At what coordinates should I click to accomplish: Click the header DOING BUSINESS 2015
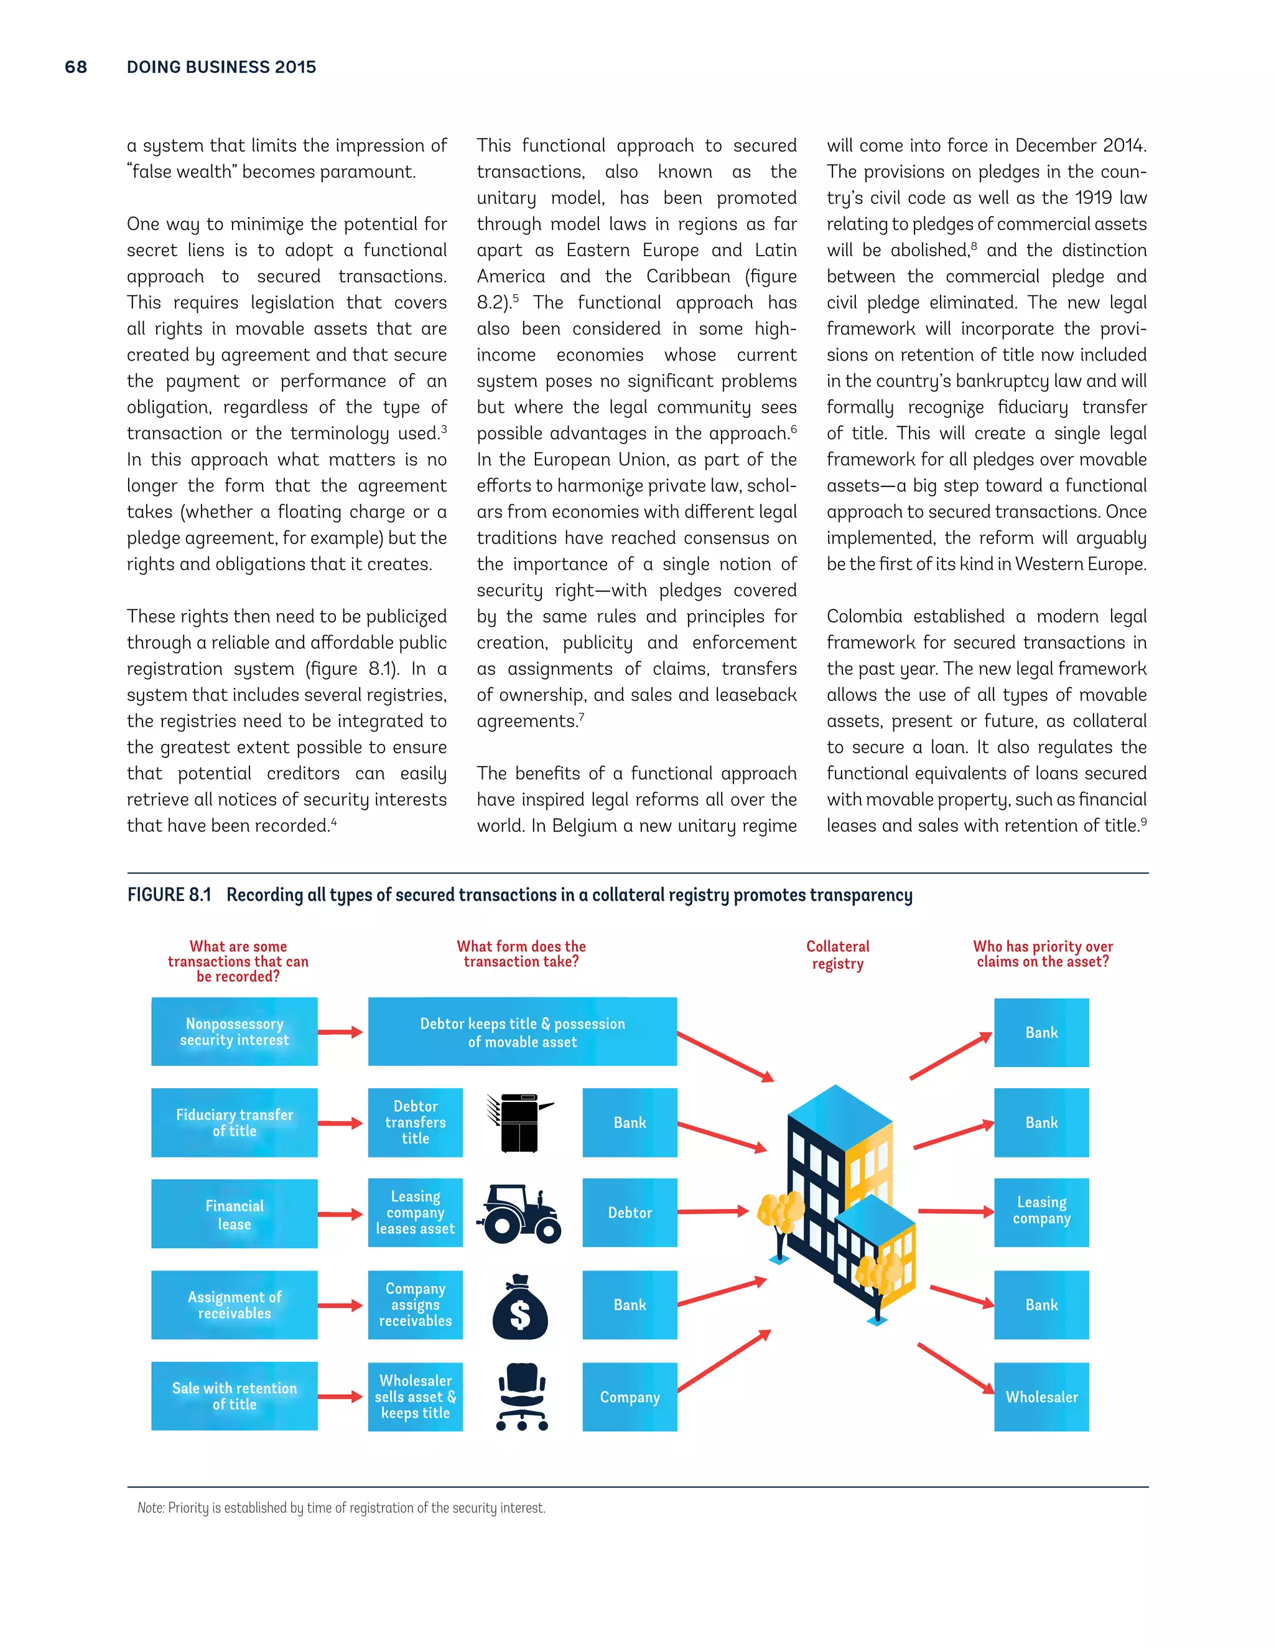[221, 67]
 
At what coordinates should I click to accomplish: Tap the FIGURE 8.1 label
[169, 895]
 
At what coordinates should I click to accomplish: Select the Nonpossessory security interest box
[234, 1032]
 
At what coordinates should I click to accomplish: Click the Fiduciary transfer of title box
[234, 1122]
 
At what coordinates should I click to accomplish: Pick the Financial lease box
[234, 1213]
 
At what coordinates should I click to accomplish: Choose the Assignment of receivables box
[234, 1305]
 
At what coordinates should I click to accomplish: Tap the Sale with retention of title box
[234, 1396]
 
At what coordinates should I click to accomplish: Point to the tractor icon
[519, 1213]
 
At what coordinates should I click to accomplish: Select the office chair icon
[523, 1397]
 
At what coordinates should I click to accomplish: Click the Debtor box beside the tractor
[630, 1213]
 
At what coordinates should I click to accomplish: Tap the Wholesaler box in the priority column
[1041, 1397]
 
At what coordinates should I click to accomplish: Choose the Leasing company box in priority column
[1041, 1210]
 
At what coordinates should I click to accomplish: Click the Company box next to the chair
[630, 1397]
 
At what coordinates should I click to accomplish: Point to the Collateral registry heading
[837, 955]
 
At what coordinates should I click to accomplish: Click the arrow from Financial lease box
[340, 1214]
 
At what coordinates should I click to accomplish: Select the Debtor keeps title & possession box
[523, 1032]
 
